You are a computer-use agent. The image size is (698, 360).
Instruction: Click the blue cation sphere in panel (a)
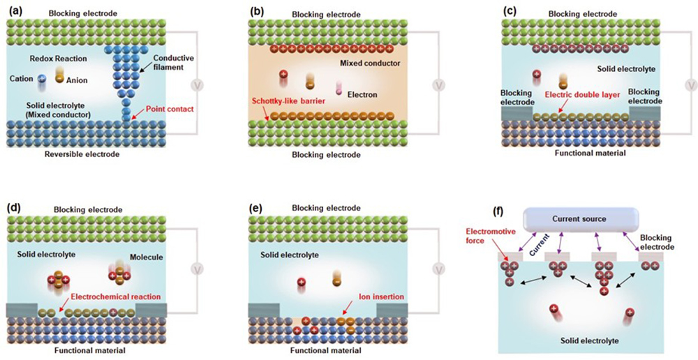[42, 80]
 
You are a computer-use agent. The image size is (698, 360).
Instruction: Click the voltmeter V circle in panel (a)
[198, 86]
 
